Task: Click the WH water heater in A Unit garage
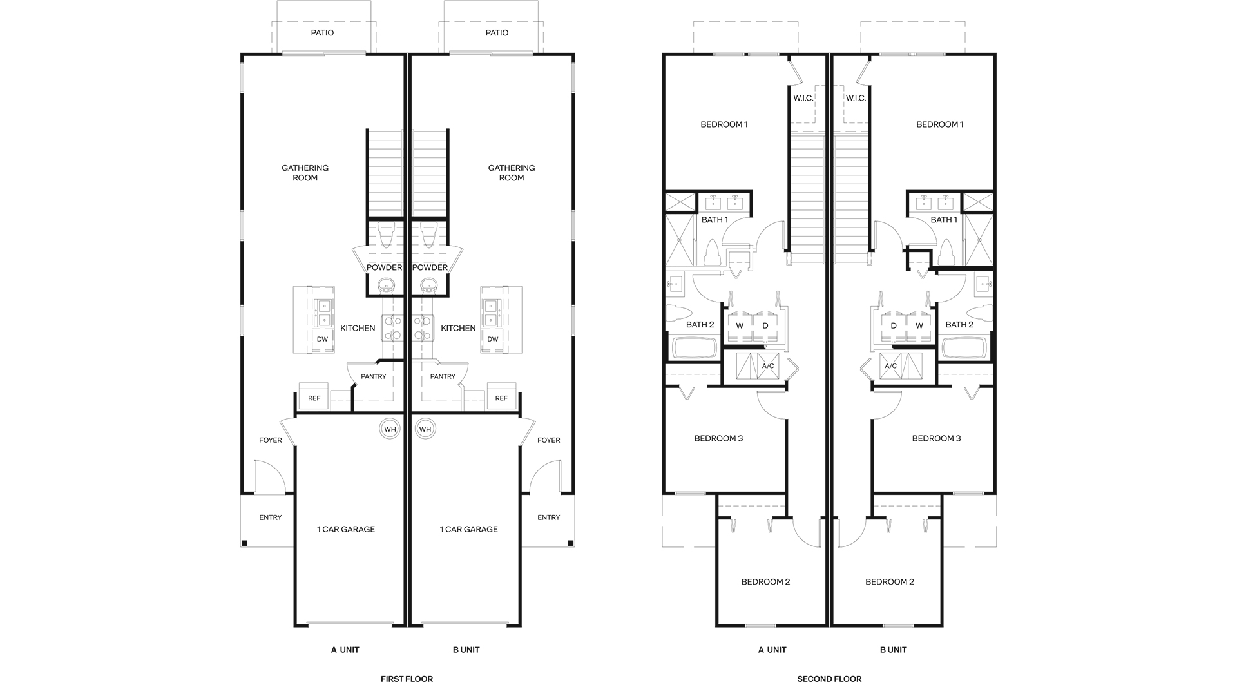pos(390,429)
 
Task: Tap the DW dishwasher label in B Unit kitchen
pos(493,339)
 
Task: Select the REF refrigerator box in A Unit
pos(314,398)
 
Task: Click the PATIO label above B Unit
pos(497,33)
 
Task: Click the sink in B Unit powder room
pos(429,285)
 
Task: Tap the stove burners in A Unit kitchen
pos(392,327)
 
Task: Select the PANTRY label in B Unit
pos(443,376)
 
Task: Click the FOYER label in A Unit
pos(271,440)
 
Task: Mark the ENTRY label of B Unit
pos(548,517)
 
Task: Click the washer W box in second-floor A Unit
pos(740,325)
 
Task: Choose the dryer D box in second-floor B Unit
pos(894,325)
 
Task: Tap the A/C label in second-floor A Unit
pos(767,366)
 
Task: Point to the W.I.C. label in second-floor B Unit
pos(856,98)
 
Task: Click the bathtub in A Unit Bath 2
pos(695,349)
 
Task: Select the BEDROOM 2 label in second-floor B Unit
pos(889,582)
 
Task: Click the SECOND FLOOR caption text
pos(829,679)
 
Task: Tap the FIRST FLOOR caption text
pos(407,679)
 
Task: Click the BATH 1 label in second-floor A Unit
pos(714,220)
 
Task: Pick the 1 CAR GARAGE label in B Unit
pos(468,529)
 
